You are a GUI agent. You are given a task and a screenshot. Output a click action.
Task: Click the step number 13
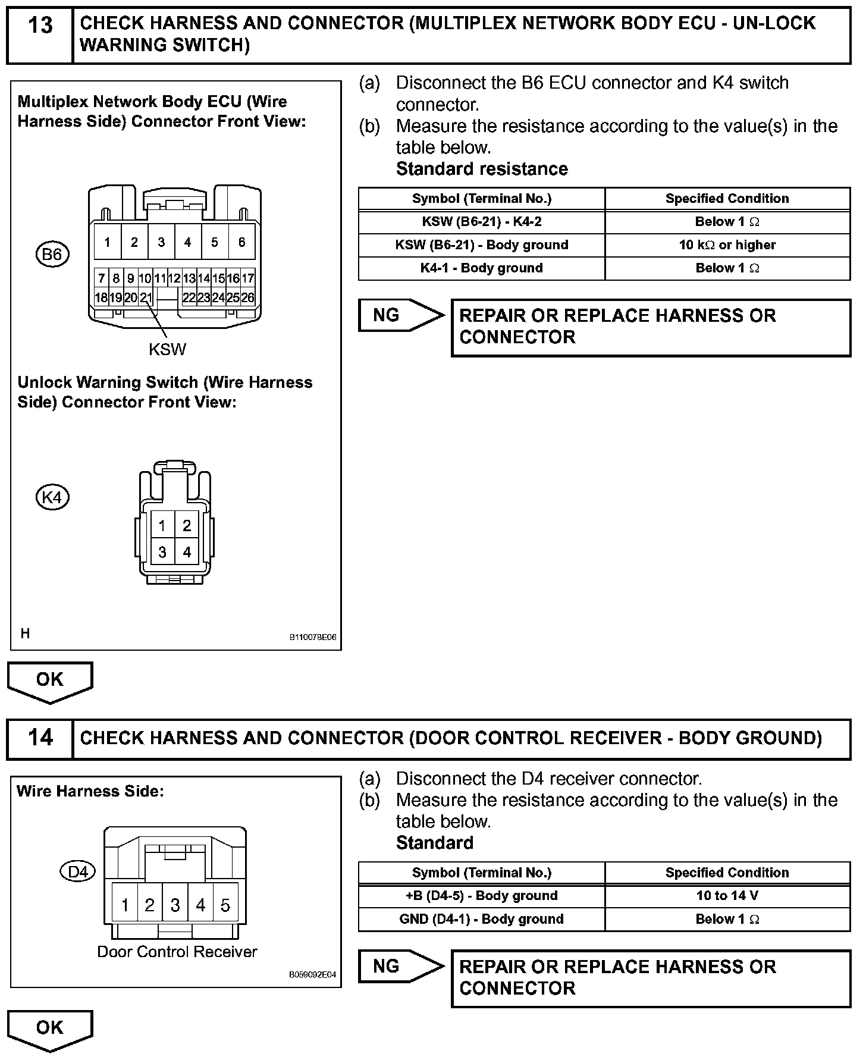click(x=40, y=26)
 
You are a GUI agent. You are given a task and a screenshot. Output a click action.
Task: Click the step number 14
click(x=40, y=738)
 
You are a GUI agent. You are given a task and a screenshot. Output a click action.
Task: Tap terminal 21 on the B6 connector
click(x=146, y=297)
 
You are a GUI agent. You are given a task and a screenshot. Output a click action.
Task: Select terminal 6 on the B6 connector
click(x=241, y=242)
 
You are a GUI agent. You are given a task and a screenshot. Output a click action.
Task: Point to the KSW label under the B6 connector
click(x=167, y=349)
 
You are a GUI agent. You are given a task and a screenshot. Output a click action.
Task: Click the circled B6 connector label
click(x=52, y=255)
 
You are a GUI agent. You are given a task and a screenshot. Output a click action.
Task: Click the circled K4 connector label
click(x=52, y=497)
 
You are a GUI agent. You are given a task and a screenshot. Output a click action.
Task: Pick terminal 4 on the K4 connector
click(x=187, y=552)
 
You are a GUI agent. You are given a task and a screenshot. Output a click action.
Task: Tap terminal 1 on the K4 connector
click(x=162, y=526)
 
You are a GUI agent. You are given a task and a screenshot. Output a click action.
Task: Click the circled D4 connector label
click(x=78, y=872)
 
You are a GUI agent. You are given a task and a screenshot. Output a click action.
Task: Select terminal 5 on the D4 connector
click(x=225, y=905)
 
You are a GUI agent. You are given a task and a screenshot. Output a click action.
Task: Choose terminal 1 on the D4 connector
click(x=125, y=905)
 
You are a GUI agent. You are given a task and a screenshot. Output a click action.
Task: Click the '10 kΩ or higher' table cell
click(x=727, y=245)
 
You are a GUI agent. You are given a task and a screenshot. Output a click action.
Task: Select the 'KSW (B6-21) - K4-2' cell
click(x=481, y=222)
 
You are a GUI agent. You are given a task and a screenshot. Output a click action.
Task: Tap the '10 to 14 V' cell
click(x=727, y=896)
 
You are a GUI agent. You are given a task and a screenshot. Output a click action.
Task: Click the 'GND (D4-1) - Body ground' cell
click(x=481, y=919)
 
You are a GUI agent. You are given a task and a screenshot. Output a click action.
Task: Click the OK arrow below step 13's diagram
click(x=50, y=680)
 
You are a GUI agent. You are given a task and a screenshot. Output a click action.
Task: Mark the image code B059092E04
click(x=312, y=975)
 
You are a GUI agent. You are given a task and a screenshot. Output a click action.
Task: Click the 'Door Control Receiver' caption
click(x=177, y=952)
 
